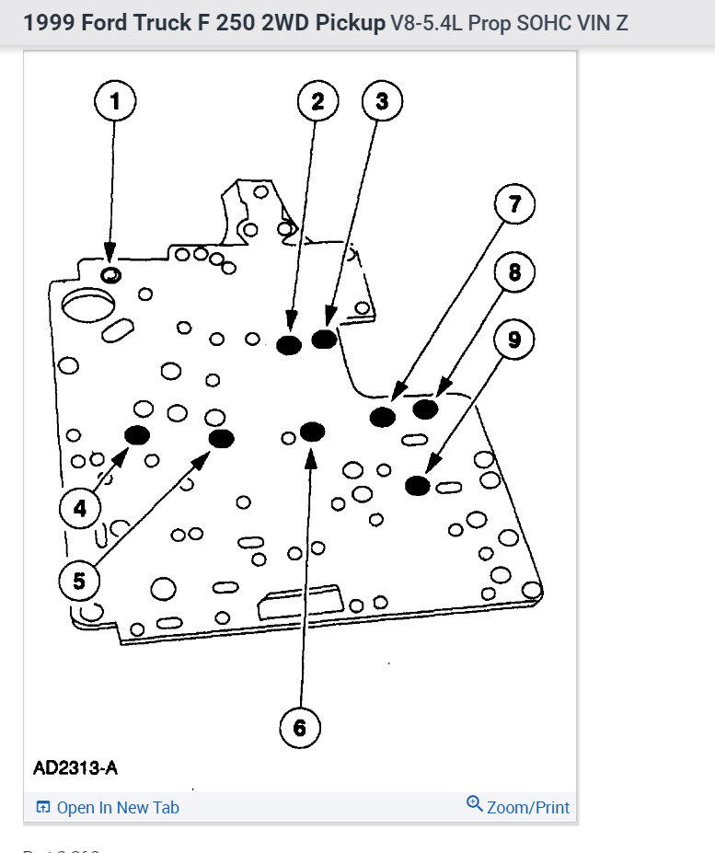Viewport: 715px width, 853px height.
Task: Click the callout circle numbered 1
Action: pyautogui.click(x=115, y=101)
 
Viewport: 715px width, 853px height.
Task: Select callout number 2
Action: pyautogui.click(x=317, y=101)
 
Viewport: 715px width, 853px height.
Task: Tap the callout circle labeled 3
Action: pyautogui.click(x=382, y=101)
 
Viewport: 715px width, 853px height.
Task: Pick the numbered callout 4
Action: pyautogui.click(x=80, y=507)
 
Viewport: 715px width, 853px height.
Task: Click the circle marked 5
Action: pyautogui.click(x=78, y=581)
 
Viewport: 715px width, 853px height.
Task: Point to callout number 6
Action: pyautogui.click(x=299, y=728)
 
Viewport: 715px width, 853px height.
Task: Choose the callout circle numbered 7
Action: pyautogui.click(x=514, y=204)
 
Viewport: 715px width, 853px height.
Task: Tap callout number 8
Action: pyautogui.click(x=514, y=271)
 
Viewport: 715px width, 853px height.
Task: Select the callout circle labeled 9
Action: pyautogui.click(x=514, y=340)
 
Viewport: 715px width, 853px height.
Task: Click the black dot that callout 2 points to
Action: pyautogui.click(x=290, y=345)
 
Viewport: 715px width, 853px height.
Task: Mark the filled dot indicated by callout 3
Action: pyautogui.click(x=324, y=340)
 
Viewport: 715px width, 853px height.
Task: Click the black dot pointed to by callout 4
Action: pyautogui.click(x=137, y=435)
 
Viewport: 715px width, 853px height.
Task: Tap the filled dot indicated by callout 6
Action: pyautogui.click(x=312, y=432)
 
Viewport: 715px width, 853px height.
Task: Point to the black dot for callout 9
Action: pyautogui.click(x=418, y=485)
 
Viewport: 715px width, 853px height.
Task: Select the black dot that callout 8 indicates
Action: pyautogui.click(x=425, y=409)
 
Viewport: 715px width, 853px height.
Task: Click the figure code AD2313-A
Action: pyautogui.click(x=75, y=767)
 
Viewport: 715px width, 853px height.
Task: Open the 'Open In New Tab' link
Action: pyautogui.click(x=108, y=808)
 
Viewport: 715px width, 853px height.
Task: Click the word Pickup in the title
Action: pyautogui.click(x=351, y=23)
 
